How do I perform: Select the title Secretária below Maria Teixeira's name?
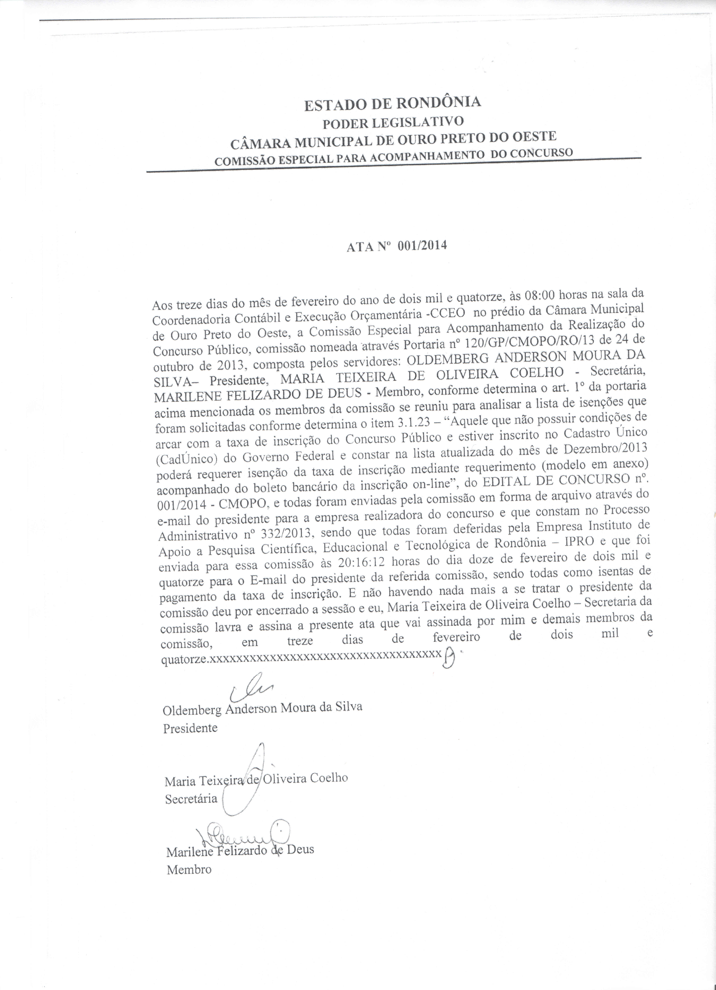(191, 799)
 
